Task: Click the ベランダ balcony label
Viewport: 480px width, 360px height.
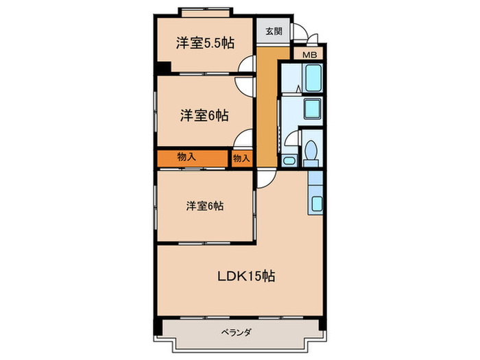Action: [237, 333]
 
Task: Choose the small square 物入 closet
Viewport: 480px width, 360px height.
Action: [241, 158]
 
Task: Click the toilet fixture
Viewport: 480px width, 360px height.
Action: [311, 151]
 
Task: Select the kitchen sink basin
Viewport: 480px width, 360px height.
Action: [316, 204]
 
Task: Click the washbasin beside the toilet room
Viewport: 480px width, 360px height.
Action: [289, 161]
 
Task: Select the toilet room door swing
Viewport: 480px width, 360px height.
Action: [291, 140]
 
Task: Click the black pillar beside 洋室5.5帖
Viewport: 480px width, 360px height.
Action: [161, 69]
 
